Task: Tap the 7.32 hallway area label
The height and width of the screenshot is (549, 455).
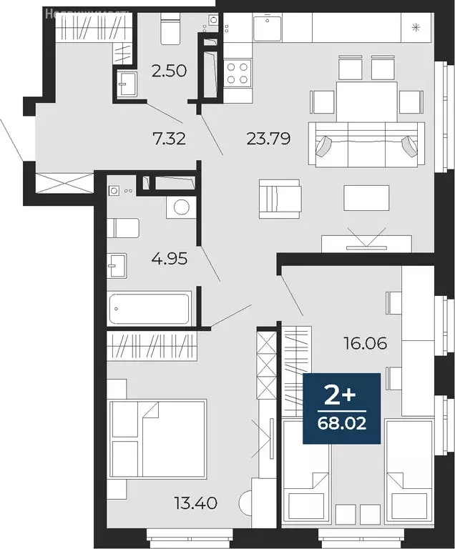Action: (x=169, y=139)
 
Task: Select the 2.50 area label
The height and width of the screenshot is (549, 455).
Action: (x=169, y=70)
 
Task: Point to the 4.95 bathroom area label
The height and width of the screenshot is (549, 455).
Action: (x=170, y=258)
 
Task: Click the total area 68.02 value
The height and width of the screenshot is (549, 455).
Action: (x=341, y=424)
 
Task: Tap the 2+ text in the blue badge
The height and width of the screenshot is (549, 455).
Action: (x=341, y=395)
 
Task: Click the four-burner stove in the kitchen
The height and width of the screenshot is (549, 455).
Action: (x=238, y=72)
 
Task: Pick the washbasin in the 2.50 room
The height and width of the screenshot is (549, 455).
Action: (x=126, y=83)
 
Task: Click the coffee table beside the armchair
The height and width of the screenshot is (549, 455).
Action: (x=366, y=198)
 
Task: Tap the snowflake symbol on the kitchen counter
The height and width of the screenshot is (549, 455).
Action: (x=416, y=29)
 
